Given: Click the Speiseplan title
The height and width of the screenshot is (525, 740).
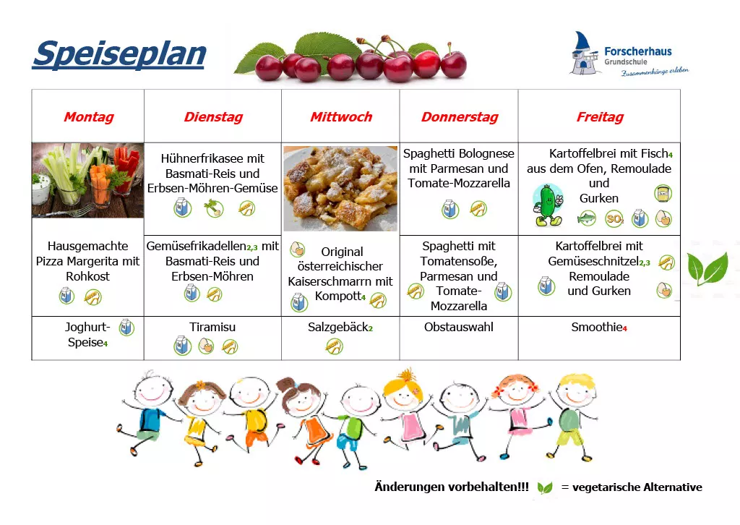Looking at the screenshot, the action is click(x=119, y=54).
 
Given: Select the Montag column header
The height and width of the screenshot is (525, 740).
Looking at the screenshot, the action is click(x=89, y=116).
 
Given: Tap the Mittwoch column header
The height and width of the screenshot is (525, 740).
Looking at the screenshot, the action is click(x=341, y=116).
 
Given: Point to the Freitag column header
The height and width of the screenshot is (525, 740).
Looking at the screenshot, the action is click(x=600, y=116).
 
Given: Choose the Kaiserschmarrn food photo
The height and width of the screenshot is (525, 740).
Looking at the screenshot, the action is click(x=340, y=188).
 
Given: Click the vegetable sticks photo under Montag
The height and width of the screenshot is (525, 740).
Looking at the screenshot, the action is click(x=87, y=180).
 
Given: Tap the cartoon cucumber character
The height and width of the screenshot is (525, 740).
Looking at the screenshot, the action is click(x=548, y=205).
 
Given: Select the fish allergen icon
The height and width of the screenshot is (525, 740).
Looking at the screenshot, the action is click(x=587, y=218).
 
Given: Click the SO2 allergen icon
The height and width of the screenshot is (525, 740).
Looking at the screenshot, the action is click(x=614, y=218).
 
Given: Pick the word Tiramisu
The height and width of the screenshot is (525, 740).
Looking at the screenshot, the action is click(x=212, y=327).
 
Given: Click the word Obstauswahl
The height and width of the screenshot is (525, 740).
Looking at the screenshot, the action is click(x=459, y=327).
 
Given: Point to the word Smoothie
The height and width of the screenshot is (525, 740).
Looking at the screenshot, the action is click(x=596, y=327).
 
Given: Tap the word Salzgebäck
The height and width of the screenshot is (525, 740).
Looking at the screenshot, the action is click(x=337, y=327).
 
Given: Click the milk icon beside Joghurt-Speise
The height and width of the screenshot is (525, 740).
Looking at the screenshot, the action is click(x=126, y=327).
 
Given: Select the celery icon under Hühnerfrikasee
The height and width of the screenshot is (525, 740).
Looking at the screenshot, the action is click(x=214, y=208).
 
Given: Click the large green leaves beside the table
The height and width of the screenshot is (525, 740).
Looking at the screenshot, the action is click(x=707, y=268).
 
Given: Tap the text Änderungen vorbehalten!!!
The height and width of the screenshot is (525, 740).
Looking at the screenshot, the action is click(x=452, y=487).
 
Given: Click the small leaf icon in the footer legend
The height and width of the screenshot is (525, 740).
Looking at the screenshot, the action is click(x=545, y=487).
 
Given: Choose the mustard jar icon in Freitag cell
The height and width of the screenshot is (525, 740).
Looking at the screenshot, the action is click(x=663, y=193).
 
